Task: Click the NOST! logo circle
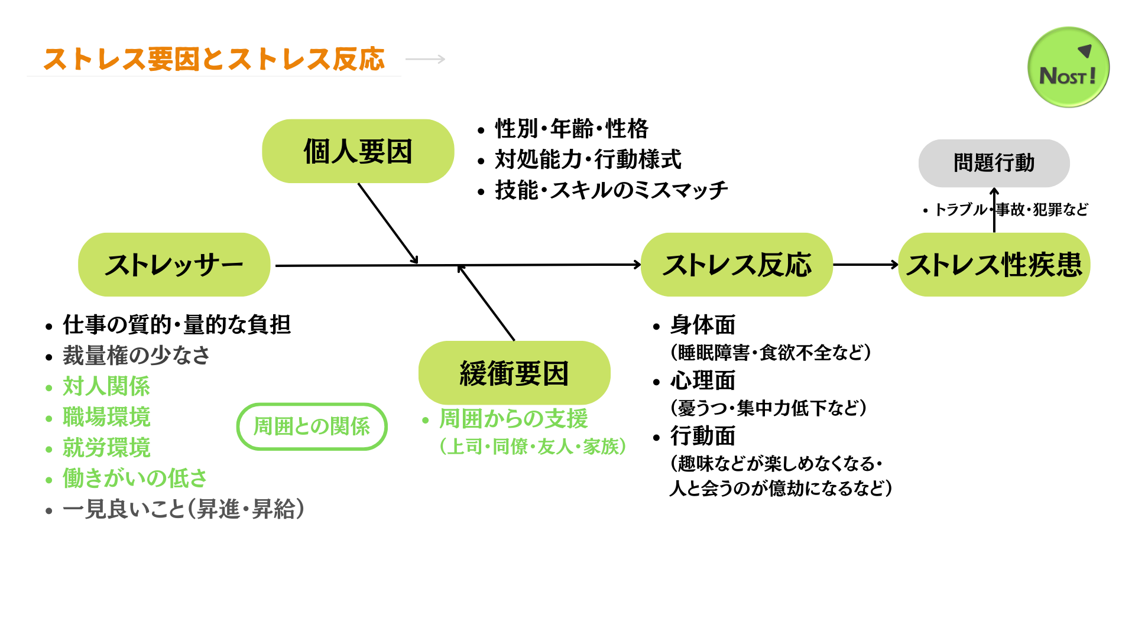click(1068, 67)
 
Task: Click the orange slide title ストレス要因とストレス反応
click(214, 59)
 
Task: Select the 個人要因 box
click(358, 151)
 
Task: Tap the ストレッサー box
click(174, 265)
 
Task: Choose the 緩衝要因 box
click(514, 373)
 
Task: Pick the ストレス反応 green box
click(737, 265)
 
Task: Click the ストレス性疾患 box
click(994, 265)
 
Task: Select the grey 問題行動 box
click(994, 163)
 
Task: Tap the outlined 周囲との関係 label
click(312, 427)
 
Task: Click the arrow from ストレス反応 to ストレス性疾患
click(865, 265)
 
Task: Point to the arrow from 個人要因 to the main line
click(387, 223)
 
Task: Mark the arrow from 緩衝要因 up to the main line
click(487, 303)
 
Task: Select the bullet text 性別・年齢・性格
click(571, 129)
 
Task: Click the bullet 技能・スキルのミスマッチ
click(611, 190)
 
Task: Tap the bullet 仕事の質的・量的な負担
click(176, 325)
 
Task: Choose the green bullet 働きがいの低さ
click(135, 479)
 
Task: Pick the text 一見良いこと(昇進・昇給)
click(183, 509)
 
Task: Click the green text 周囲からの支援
click(513, 418)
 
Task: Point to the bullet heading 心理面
click(702, 381)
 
